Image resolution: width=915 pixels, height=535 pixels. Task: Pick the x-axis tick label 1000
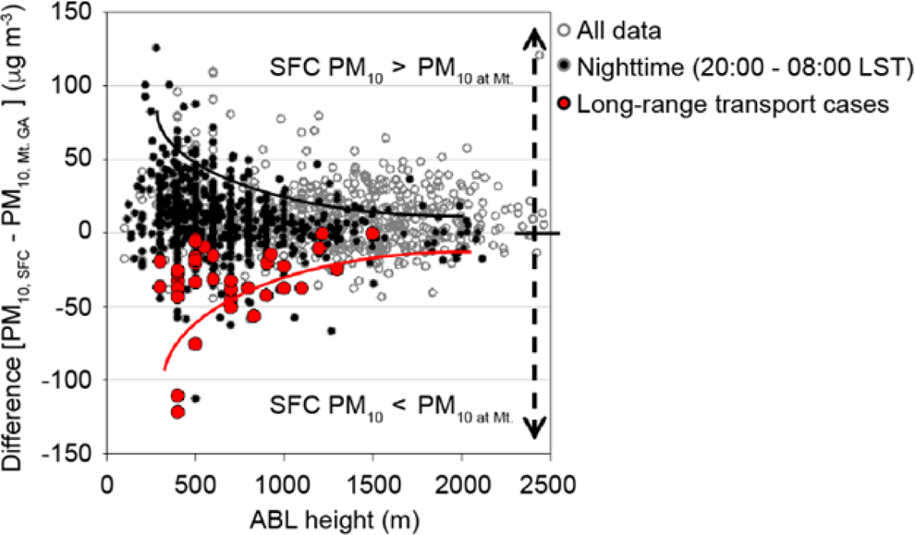pyautogui.click(x=283, y=484)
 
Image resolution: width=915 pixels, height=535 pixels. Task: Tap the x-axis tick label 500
pyautogui.click(x=195, y=484)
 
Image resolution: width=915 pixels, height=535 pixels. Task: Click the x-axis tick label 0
pyautogui.click(x=107, y=484)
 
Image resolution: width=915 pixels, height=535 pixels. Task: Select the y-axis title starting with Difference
pyautogui.click(x=20, y=231)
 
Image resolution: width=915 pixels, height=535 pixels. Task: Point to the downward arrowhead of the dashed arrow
pyautogui.click(x=533, y=428)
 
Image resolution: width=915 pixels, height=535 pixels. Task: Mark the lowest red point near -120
pyautogui.click(x=178, y=412)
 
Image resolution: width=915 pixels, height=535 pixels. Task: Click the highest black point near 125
pyautogui.click(x=156, y=48)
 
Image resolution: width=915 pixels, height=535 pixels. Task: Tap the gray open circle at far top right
pyautogui.click(x=540, y=55)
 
